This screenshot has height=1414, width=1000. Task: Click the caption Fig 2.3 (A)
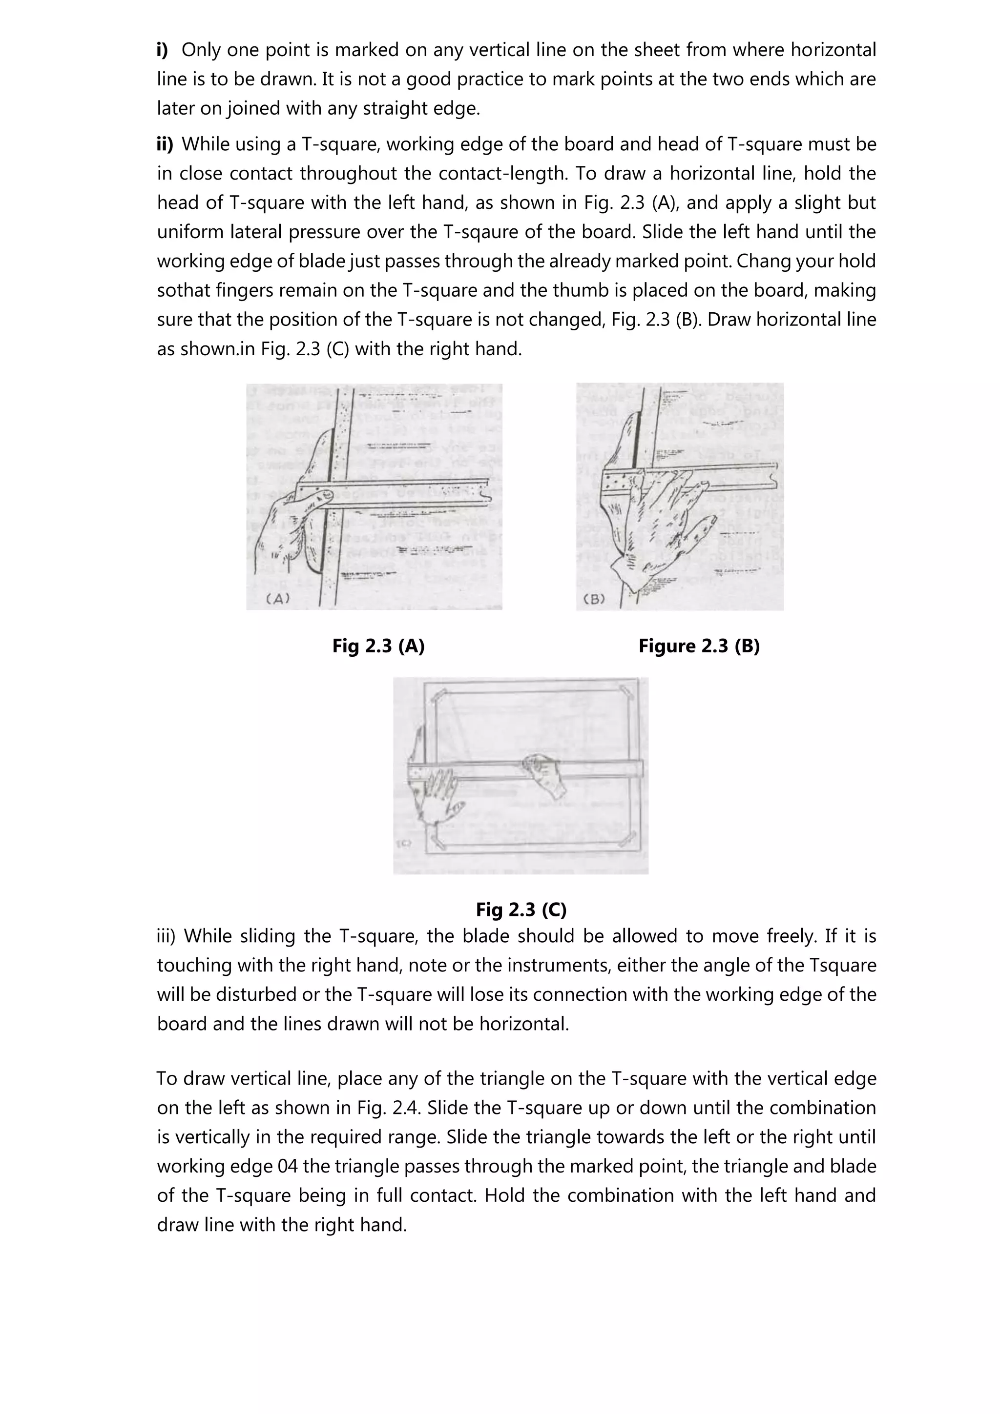point(378,646)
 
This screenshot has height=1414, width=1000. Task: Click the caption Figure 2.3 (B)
point(699,646)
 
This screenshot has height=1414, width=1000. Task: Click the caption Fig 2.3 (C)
point(521,909)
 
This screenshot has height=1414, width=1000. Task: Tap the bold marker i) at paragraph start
point(163,50)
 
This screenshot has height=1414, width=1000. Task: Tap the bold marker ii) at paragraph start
point(165,144)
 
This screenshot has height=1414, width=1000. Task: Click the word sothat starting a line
point(184,290)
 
